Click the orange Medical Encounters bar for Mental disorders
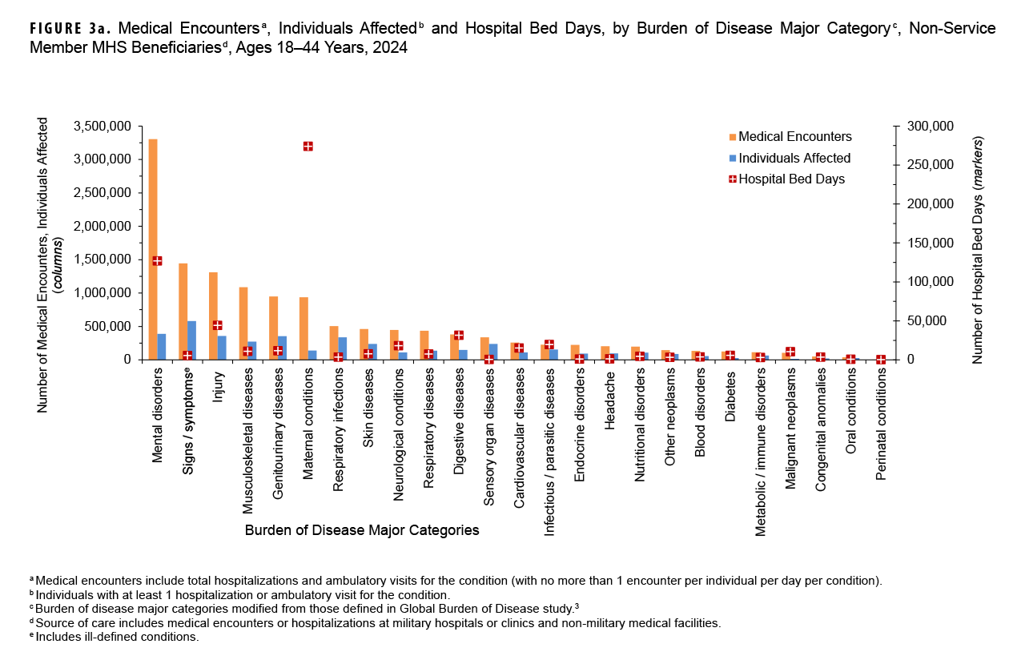[153, 248]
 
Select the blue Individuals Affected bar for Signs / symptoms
[191, 340]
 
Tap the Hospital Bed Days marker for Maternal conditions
[307, 146]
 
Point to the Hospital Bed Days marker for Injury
[217, 325]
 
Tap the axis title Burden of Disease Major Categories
[362, 530]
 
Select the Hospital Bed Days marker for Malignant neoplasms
[790, 352]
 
